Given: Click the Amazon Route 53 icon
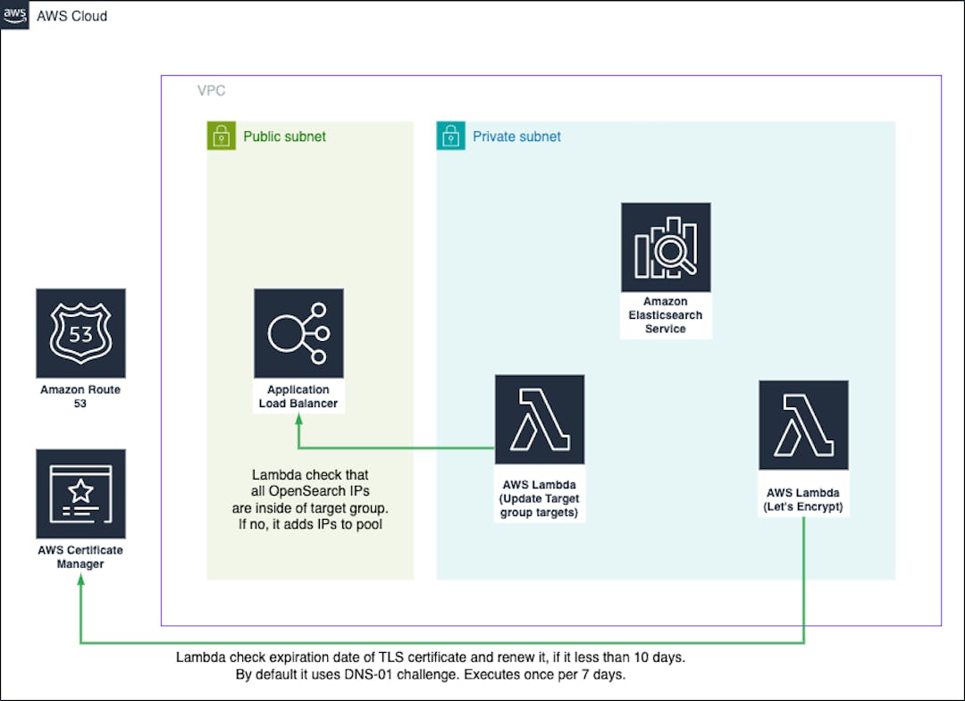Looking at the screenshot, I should tap(80, 333).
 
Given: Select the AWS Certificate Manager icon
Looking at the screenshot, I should tap(80, 494).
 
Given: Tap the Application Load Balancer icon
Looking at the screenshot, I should tap(298, 333).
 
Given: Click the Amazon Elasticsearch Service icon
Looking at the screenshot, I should tap(666, 247).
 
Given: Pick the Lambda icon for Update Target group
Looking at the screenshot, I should tap(540, 420).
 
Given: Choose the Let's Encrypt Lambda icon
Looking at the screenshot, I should tap(803, 426).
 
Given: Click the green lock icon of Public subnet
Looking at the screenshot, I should tap(221, 136).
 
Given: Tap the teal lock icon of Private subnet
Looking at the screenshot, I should tap(450, 136).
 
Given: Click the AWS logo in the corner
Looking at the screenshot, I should tap(15, 14).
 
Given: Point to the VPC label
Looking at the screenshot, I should tap(211, 92).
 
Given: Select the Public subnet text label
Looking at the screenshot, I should tap(284, 137).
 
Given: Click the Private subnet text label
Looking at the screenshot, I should tap(516, 137).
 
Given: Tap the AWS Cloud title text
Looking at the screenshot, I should tap(71, 15).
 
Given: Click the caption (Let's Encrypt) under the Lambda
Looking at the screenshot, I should tap(803, 507).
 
